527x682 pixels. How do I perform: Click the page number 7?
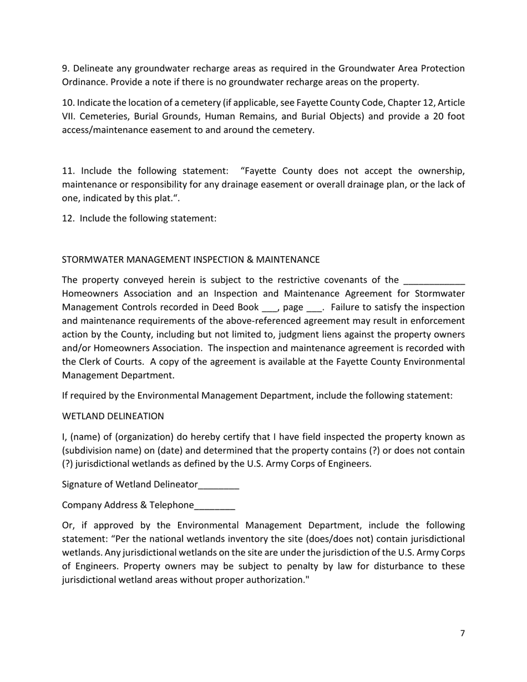[x=462, y=634]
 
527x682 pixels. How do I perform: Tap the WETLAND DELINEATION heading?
[x=113, y=416]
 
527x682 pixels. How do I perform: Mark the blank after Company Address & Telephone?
[x=215, y=506]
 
